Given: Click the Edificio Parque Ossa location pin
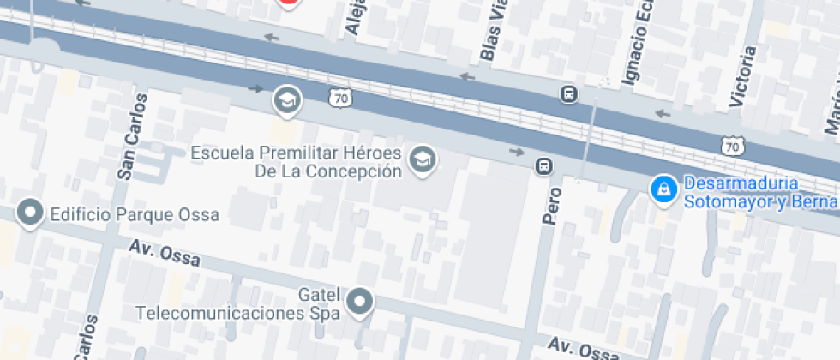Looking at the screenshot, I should [x=32, y=213].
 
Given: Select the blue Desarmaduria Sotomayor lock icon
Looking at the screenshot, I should [x=663, y=190].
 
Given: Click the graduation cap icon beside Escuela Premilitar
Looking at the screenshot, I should [x=422, y=159].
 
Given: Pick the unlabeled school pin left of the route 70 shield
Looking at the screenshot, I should [x=287, y=100].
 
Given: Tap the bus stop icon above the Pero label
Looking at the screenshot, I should [x=543, y=165].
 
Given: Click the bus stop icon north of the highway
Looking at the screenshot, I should [x=568, y=93].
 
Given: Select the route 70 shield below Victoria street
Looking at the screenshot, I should [x=731, y=147].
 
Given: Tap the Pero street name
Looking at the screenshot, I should [x=550, y=207].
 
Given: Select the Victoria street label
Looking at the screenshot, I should [x=741, y=77].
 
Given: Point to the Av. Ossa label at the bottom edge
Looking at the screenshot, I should [x=583, y=350].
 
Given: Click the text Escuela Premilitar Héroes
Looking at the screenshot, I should [x=296, y=153].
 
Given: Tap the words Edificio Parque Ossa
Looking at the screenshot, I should [x=135, y=213].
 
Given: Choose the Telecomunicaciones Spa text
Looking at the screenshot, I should [x=238, y=312].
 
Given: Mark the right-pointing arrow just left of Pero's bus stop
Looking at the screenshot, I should [x=517, y=152].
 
